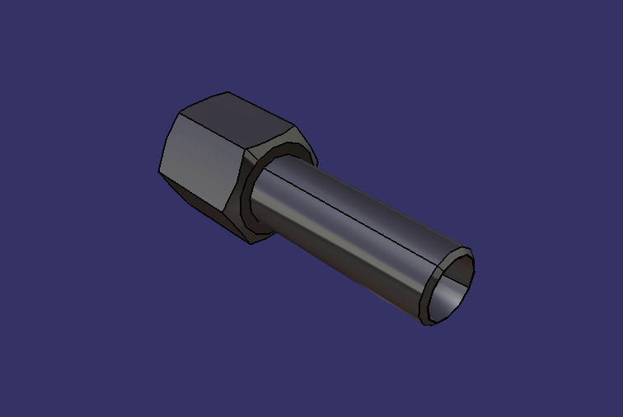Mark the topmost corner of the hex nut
pos(228,93)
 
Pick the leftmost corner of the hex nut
pos(159,171)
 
